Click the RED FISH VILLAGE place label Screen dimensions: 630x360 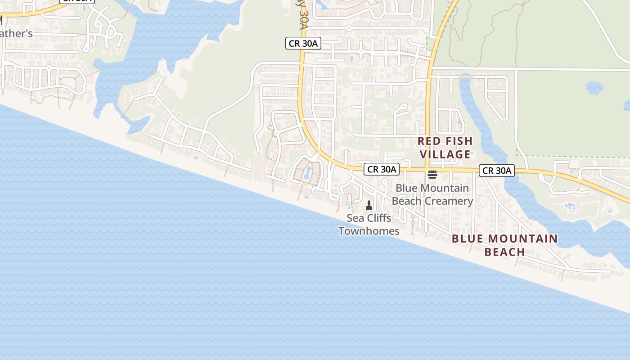coord(445,148)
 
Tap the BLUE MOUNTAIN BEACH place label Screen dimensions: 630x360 coord(505,245)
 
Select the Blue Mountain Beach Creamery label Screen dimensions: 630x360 coord(432,194)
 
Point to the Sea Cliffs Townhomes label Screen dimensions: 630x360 coord(369,225)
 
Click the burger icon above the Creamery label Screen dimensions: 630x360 coord(432,175)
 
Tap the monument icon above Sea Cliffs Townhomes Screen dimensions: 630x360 coord(369,205)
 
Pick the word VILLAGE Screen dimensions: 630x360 coord(445,154)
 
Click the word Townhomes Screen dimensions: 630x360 coord(369,231)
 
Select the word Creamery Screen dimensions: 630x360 coord(448,201)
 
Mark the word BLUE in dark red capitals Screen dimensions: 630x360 coord(467,238)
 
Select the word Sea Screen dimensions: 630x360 coord(355,218)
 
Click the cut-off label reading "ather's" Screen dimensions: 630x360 coord(16,34)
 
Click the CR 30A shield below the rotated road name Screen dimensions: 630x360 coord(303,43)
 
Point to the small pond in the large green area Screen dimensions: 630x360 coord(594,88)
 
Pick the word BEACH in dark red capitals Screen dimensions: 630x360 coord(505,252)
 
